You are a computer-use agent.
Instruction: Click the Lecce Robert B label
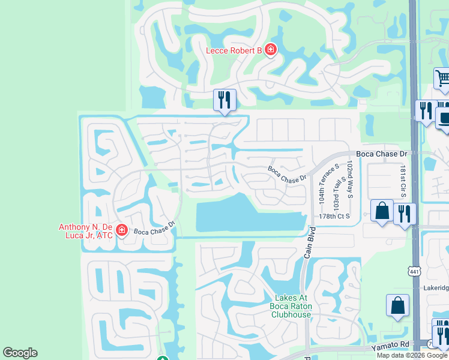tap(234, 50)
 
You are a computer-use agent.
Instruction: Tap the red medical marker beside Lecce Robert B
tap(270, 50)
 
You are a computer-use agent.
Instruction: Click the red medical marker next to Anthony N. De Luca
tap(122, 230)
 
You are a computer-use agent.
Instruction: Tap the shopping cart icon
tap(442, 79)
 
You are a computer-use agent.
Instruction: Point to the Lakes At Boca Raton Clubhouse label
tap(291, 306)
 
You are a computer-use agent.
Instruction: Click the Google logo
tap(20, 353)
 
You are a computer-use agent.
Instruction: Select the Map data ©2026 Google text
tap(412, 355)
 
